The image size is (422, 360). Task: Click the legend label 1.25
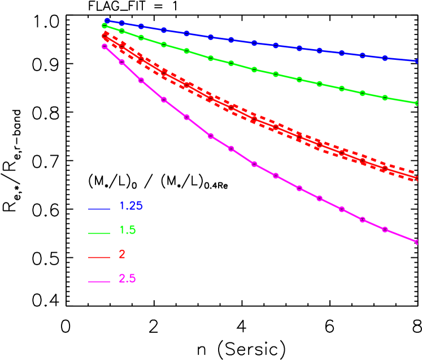130,206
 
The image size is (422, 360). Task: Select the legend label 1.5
127,230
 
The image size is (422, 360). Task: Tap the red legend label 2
122,254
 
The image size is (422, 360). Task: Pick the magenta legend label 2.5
127,279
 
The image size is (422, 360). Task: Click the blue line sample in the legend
99,209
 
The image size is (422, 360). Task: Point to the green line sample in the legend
99,233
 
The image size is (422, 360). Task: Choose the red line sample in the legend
99,257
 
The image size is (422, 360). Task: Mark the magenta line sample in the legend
99,282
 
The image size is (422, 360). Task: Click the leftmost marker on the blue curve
107,21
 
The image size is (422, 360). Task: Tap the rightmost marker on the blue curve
417,61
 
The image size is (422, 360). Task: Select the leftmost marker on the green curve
105,26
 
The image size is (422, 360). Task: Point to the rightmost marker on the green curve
417,103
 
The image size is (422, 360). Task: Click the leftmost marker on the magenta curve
105,47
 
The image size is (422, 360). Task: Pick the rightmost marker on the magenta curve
417,242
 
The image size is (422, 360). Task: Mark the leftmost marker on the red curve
105,36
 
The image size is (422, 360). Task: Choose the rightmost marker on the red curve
417,178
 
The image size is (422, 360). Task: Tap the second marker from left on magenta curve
121,62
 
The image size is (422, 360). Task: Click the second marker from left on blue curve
121,23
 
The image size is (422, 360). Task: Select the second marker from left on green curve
121,31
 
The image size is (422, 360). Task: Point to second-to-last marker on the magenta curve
385,229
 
